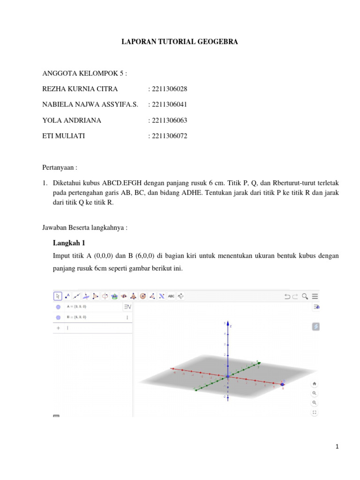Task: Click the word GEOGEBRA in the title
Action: point(220,42)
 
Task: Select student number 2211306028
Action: point(167,89)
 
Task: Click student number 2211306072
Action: point(167,136)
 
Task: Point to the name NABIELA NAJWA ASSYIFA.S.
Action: point(90,105)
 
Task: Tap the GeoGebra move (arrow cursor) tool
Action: point(58,296)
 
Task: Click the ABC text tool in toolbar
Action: point(171,296)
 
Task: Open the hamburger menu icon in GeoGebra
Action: point(315,296)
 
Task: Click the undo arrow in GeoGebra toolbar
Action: point(287,296)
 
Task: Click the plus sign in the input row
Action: point(58,328)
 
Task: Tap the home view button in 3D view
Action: point(315,383)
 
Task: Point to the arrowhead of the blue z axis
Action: point(228,323)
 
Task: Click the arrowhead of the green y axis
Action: point(258,361)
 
